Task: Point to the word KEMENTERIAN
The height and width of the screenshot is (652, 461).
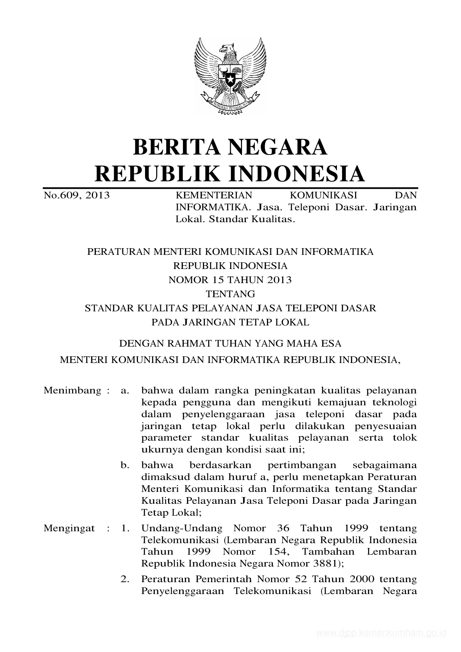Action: (x=214, y=195)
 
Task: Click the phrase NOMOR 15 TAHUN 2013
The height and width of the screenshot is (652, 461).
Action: (x=230, y=280)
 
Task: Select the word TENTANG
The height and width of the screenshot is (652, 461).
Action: (x=230, y=294)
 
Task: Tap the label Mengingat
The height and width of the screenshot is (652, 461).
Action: (x=69, y=528)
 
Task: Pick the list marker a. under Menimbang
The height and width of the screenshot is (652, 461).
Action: (x=125, y=390)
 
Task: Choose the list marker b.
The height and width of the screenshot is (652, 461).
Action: (x=125, y=465)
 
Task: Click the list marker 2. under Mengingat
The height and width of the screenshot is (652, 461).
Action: (x=125, y=579)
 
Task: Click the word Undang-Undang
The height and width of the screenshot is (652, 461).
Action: (x=182, y=528)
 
